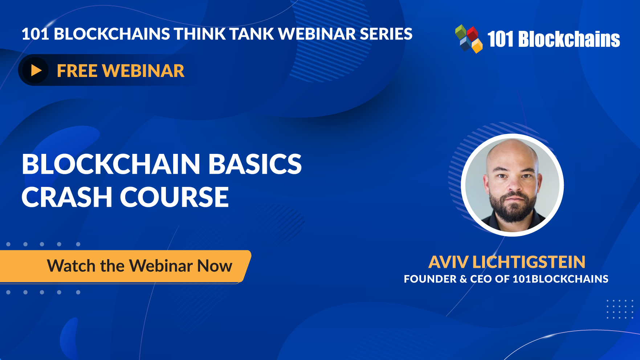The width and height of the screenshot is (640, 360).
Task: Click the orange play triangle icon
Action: point(36,70)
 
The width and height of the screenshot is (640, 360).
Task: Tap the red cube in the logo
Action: point(472,33)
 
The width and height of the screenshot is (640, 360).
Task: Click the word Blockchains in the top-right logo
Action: point(569,39)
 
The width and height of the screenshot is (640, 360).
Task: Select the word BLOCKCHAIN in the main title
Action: point(111,164)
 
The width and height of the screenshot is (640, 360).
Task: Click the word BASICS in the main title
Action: point(255,164)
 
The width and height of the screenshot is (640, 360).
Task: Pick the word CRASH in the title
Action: point(67,197)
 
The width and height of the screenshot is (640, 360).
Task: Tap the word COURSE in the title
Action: point(174,197)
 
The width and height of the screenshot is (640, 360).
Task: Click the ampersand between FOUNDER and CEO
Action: point(463,279)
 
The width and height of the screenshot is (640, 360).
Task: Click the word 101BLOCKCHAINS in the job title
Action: point(560,279)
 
